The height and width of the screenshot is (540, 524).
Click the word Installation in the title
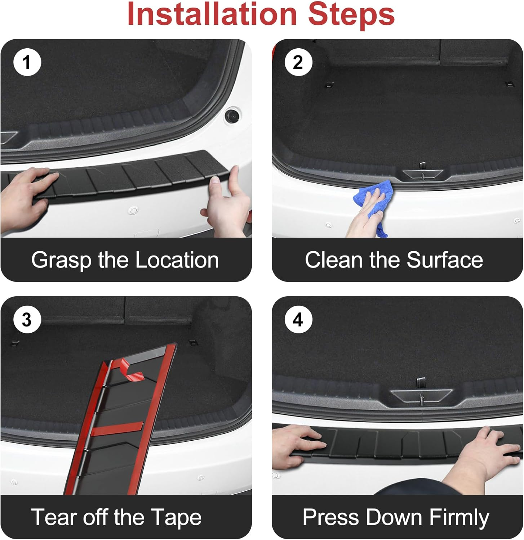[212, 14]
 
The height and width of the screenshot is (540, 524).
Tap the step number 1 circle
[27, 62]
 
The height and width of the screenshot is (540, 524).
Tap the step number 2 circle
[298, 62]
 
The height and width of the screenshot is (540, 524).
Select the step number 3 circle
[27, 320]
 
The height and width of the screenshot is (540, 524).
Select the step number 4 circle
[298, 320]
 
